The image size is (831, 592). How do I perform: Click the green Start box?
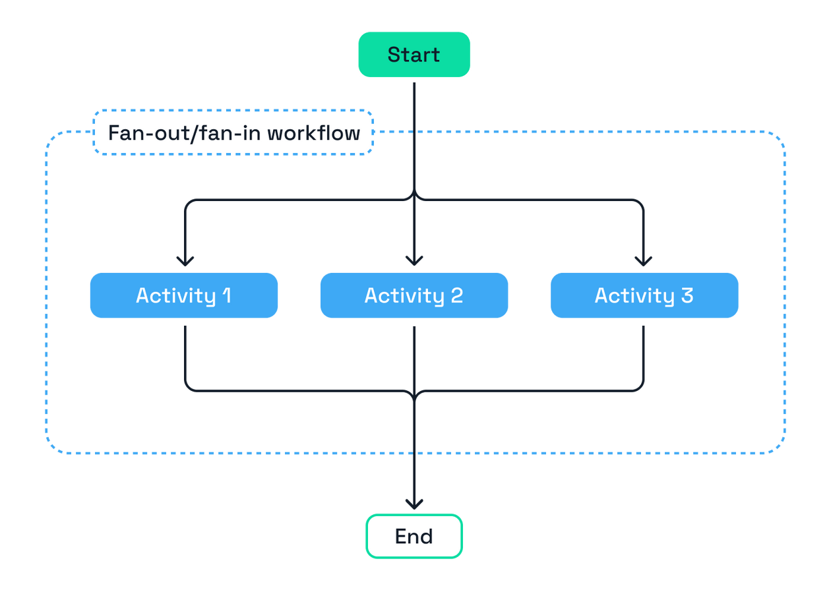pyautogui.click(x=414, y=55)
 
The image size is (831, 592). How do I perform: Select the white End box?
pyautogui.click(x=414, y=536)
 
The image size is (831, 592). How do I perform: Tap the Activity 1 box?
pyautogui.click(x=184, y=295)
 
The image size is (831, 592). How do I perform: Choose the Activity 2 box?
pyautogui.click(x=414, y=295)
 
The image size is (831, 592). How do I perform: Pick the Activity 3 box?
pyautogui.click(x=644, y=295)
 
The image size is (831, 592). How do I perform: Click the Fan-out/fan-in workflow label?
pyautogui.click(x=233, y=133)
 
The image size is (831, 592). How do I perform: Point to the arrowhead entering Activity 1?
pyautogui.click(x=185, y=260)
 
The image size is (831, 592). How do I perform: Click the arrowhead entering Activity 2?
pyautogui.click(x=414, y=260)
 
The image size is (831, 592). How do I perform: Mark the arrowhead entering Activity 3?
pyautogui.click(x=643, y=260)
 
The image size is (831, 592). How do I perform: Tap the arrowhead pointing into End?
pyautogui.click(x=414, y=504)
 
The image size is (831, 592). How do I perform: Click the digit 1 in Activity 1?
pyautogui.click(x=226, y=295)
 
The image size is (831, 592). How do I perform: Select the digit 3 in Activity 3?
pyautogui.click(x=687, y=295)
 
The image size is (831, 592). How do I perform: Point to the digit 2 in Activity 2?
pyautogui.click(x=456, y=295)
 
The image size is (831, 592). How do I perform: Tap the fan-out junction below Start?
pyautogui.click(x=414, y=198)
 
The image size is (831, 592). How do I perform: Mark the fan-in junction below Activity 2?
pyautogui.click(x=414, y=391)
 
